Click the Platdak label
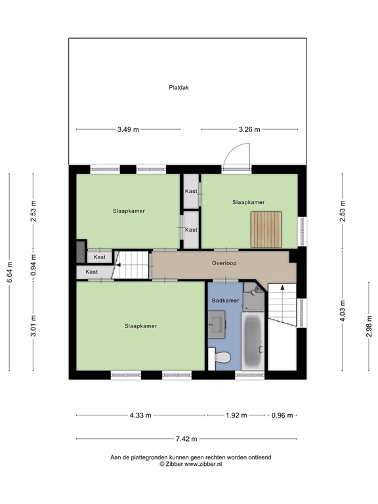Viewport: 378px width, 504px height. pyautogui.click(x=178, y=87)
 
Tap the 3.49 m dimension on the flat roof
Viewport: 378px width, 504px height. pyautogui.click(x=128, y=130)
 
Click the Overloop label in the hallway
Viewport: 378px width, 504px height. pyautogui.click(x=224, y=263)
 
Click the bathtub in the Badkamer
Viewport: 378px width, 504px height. pyautogui.click(x=253, y=341)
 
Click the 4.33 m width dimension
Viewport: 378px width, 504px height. pyautogui.click(x=140, y=415)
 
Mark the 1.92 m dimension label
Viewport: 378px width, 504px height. pyautogui.click(x=236, y=415)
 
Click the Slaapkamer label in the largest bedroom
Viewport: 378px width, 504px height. pyautogui.click(x=141, y=325)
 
